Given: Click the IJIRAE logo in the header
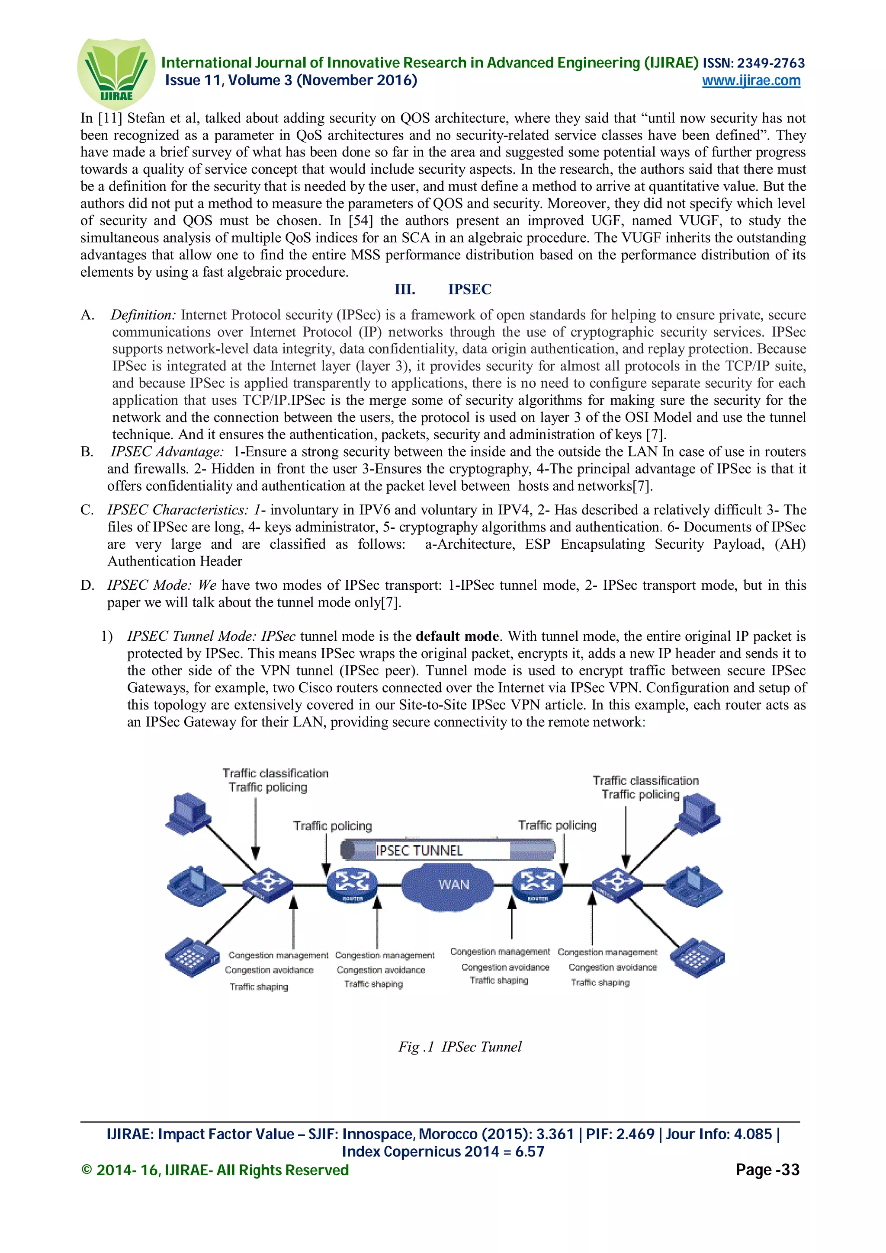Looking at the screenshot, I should click(x=116, y=73).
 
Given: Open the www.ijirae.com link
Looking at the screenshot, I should click(x=751, y=81).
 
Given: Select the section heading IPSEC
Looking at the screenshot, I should click(x=469, y=289).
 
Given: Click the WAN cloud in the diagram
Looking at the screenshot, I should click(x=453, y=885).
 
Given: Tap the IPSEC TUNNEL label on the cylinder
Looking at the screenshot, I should click(x=419, y=850).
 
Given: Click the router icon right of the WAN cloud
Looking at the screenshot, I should click(x=537, y=884).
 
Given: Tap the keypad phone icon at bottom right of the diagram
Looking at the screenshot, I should click(x=697, y=958).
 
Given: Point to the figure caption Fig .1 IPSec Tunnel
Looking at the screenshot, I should click(x=459, y=1047).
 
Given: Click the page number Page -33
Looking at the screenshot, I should click(x=767, y=1170).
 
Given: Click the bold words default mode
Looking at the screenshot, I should click(x=457, y=636).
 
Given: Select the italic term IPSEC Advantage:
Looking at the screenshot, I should click(x=167, y=452).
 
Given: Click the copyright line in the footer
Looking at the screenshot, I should click(x=215, y=1170).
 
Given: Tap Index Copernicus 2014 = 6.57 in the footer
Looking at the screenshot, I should click(x=443, y=1151).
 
